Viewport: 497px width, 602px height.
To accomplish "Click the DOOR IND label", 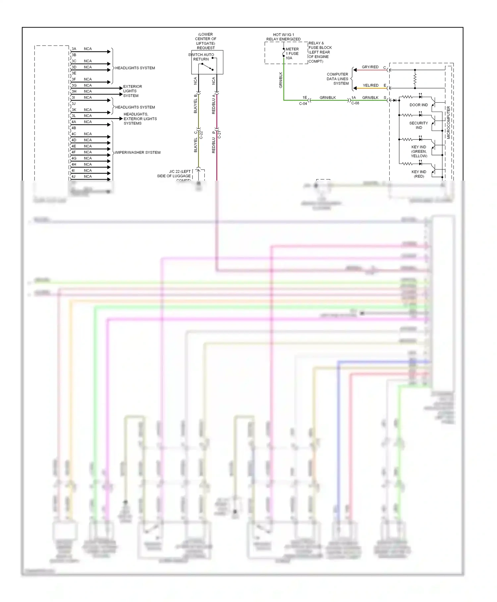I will click(418, 105).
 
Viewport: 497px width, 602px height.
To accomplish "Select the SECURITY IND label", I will click(418, 125).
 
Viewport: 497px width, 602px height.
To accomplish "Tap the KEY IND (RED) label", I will click(419, 174).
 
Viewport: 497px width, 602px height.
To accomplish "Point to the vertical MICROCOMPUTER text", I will click(448, 122).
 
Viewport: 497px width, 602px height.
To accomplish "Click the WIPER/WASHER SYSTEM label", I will click(138, 152).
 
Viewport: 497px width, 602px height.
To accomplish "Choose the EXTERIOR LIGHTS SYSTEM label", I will click(132, 91).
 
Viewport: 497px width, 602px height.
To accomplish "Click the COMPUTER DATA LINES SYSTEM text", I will click(337, 79).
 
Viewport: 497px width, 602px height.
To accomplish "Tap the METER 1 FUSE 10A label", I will click(292, 54).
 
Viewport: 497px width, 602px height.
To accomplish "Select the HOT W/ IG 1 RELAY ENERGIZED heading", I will click(283, 37).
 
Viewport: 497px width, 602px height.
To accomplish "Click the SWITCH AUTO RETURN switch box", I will click(207, 62).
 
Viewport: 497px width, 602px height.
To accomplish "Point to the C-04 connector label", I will click(303, 104).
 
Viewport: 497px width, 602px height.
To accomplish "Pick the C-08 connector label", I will click(355, 103).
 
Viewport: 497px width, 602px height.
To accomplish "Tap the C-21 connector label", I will click(219, 135).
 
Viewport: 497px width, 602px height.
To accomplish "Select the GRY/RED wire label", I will click(370, 67).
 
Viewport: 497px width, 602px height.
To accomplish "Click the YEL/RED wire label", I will click(370, 85).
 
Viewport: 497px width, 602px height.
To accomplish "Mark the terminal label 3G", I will click(74, 85).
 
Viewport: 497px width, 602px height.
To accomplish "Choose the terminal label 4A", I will click(74, 122).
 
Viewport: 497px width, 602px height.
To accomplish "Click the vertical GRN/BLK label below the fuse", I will click(281, 80).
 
